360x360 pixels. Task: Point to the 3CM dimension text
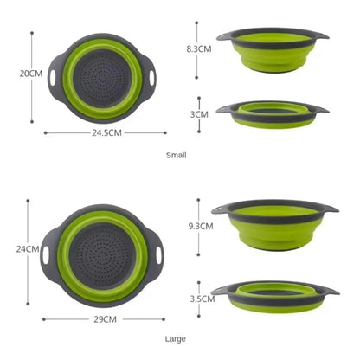point(200,113)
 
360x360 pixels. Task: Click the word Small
point(176,156)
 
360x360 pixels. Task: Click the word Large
point(176,339)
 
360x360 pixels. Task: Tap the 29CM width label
point(104,318)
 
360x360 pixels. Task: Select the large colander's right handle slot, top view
point(160,257)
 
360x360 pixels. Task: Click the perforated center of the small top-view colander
point(103,78)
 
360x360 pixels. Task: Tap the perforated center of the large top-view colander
point(103,257)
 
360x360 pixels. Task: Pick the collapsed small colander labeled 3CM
point(273,113)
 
